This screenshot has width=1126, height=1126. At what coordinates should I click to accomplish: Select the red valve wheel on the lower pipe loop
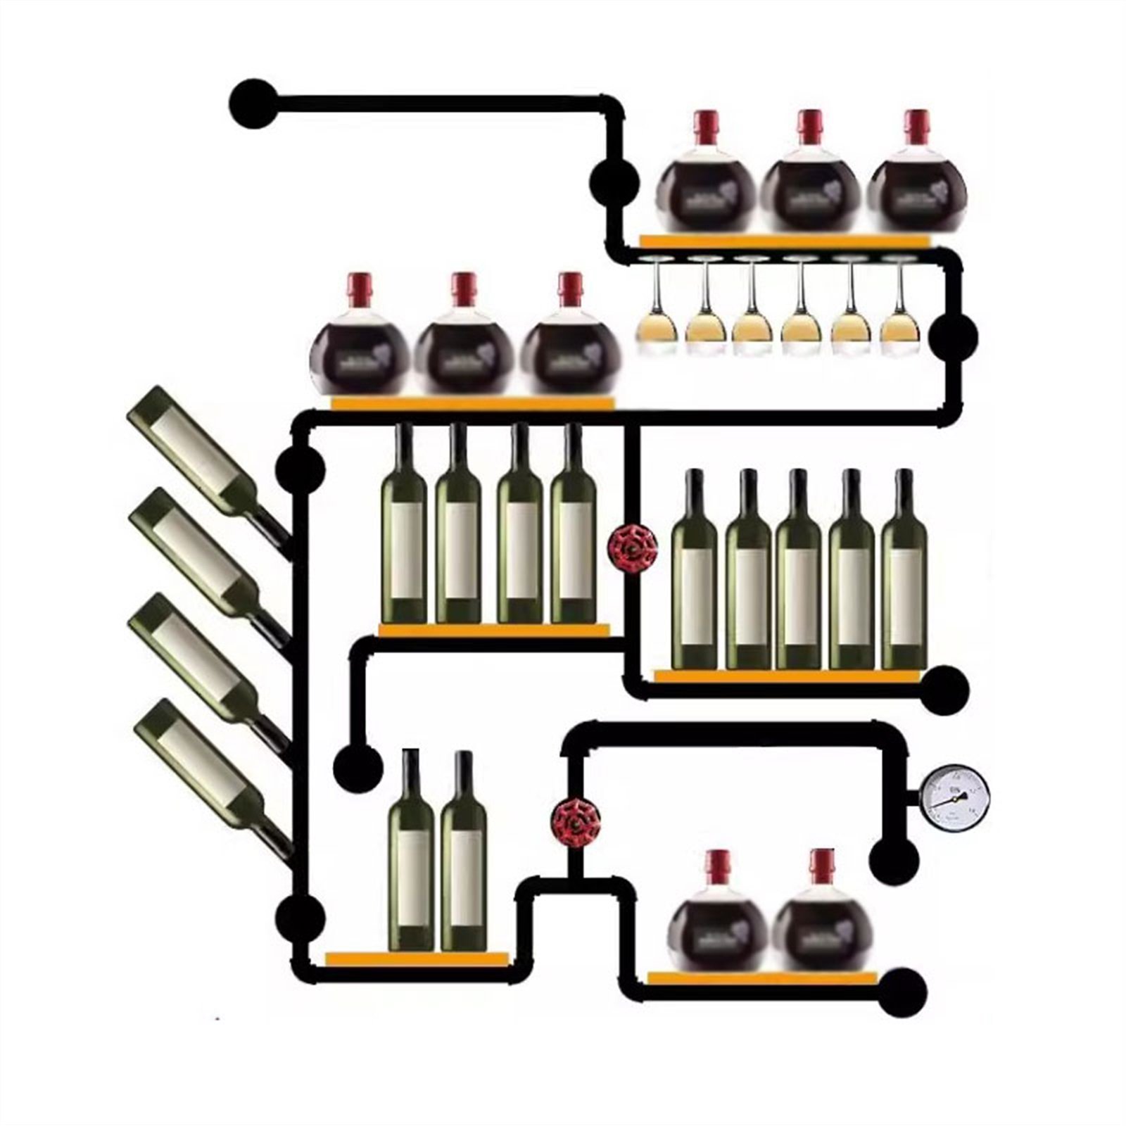coord(575,821)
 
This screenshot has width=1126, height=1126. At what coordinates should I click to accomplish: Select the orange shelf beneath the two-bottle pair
coord(417,959)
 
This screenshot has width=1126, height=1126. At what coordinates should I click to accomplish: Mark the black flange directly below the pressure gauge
coord(896,859)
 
